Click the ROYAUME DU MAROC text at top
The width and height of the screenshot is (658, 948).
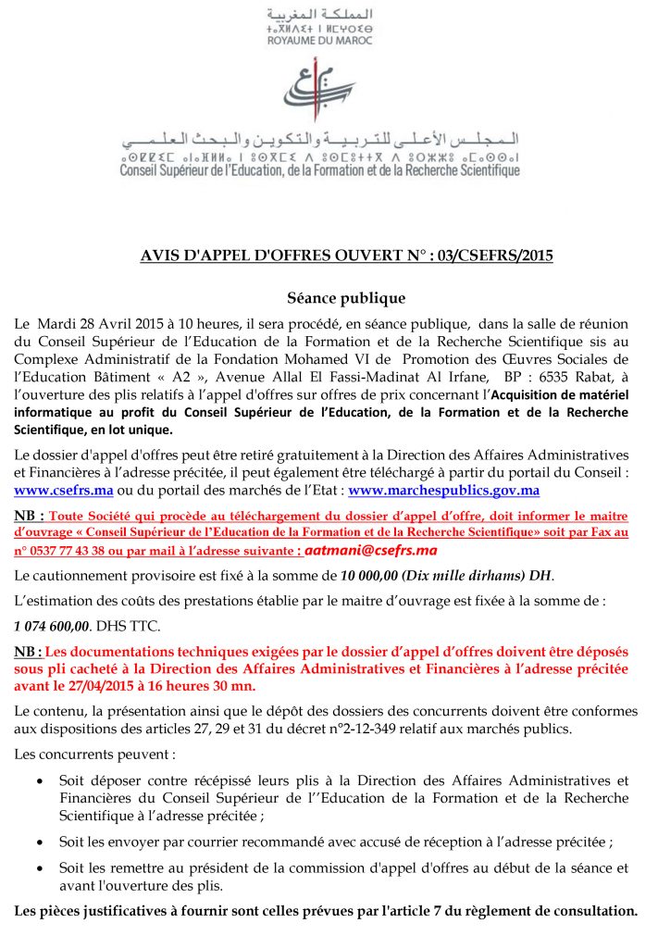[319, 41]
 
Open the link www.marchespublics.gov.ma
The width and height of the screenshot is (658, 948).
[443, 491]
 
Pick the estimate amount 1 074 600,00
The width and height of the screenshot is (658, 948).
[53, 627]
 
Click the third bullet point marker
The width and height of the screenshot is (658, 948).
[38, 868]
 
